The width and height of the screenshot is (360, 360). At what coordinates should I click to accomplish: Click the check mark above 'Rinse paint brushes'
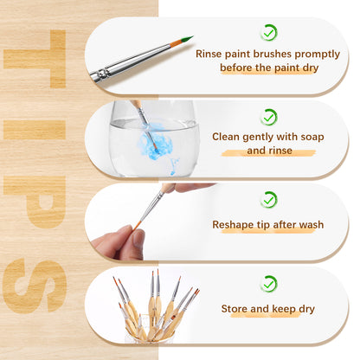tap(269, 32)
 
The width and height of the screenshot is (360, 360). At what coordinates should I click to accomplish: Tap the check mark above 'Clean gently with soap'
tap(269, 116)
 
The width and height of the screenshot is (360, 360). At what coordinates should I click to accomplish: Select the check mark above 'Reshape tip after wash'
tap(269, 200)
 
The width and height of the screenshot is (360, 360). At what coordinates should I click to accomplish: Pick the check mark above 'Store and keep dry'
tap(269, 283)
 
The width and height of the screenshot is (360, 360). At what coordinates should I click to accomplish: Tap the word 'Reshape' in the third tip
tap(234, 224)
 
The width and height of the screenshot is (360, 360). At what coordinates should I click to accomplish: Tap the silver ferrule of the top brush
tap(101, 74)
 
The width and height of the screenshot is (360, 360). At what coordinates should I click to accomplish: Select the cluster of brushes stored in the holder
tap(156, 307)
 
